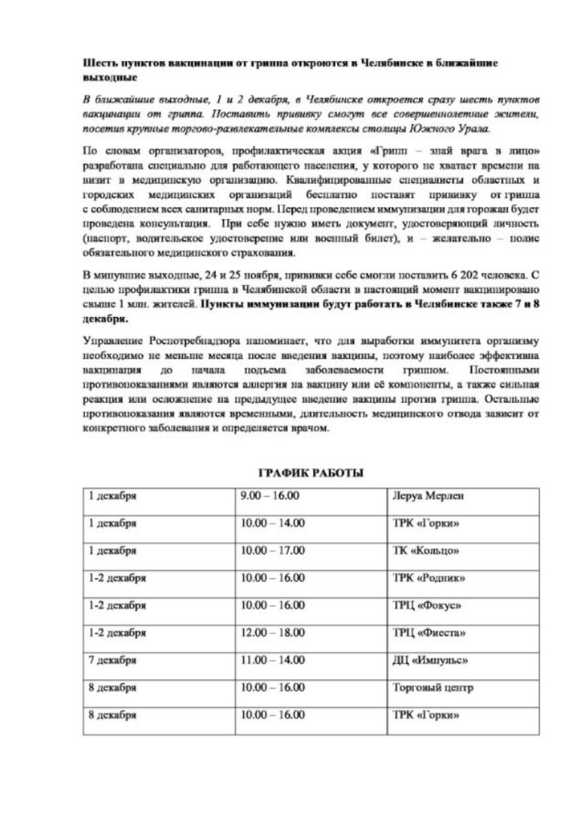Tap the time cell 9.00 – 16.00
(270, 496)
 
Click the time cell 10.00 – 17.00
(273, 551)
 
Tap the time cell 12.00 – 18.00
(273, 633)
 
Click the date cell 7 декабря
(112, 661)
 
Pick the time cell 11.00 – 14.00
(273, 661)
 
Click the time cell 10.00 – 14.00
(273, 523)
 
